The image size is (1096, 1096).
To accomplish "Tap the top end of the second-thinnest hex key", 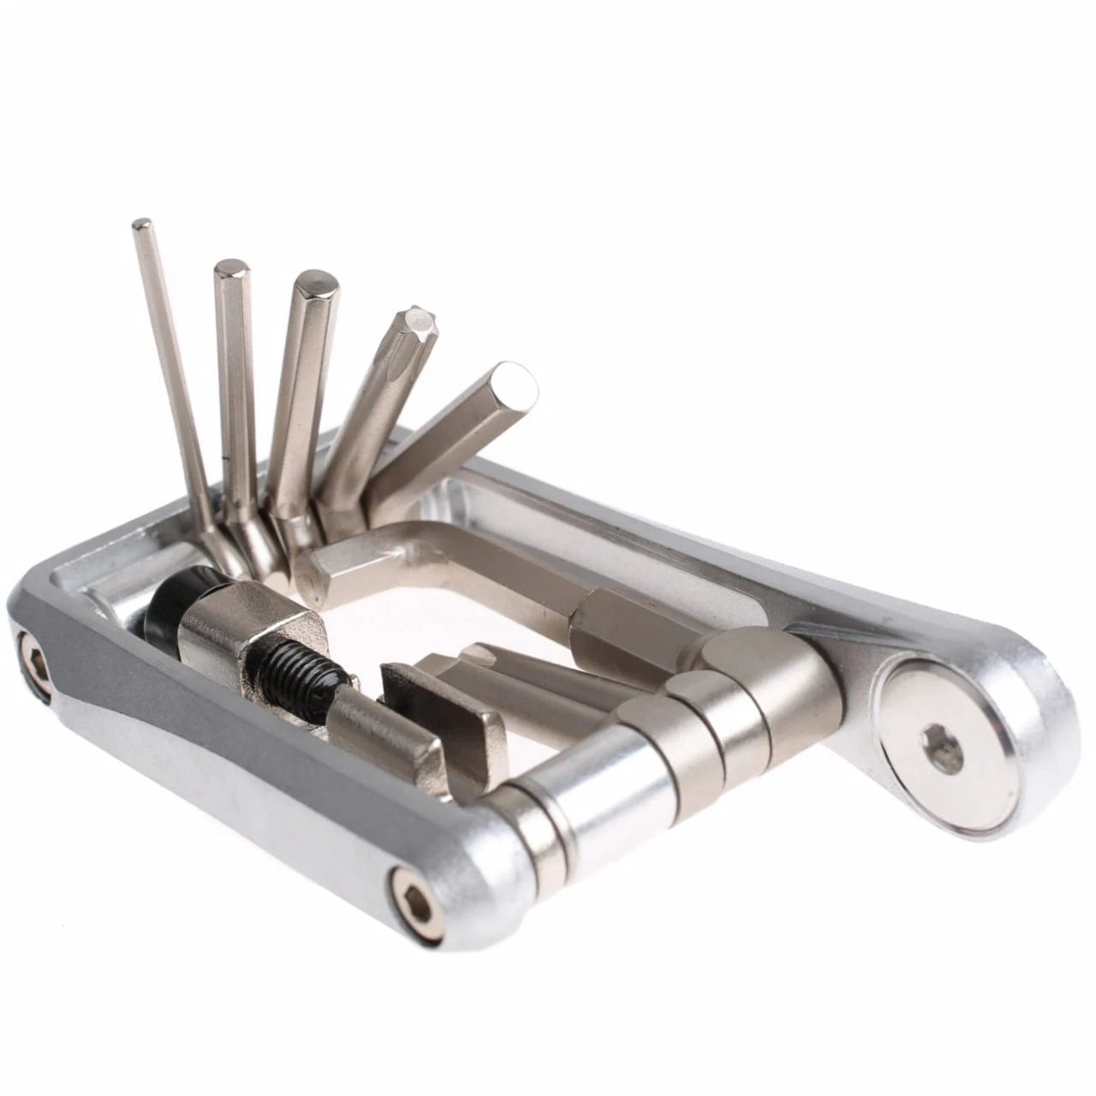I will (x=230, y=270).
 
